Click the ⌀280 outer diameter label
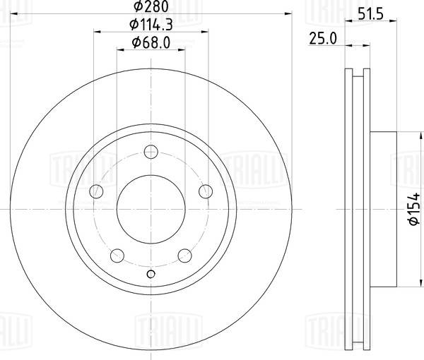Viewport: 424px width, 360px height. (x=150, y=7)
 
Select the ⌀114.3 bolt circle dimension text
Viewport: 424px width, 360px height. (x=150, y=25)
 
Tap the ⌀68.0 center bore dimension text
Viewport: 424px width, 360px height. (x=150, y=44)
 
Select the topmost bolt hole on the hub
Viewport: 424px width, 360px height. (x=150, y=151)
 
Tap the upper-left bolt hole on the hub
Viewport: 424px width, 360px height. (x=95, y=191)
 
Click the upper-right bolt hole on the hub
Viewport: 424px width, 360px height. (x=206, y=191)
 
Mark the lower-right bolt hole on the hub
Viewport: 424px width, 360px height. (x=184, y=256)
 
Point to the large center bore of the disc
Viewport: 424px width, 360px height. (x=150, y=209)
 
